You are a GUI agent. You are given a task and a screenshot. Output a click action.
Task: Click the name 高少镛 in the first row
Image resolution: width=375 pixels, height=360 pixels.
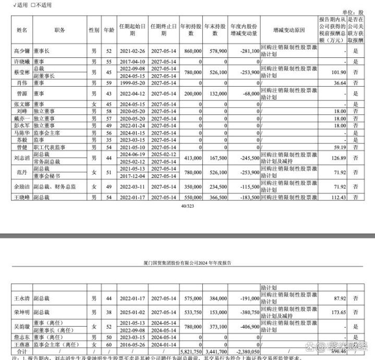(x=22, y=52)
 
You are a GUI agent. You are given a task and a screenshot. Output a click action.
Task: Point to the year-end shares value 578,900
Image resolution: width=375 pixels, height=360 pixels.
(x=216, y=52)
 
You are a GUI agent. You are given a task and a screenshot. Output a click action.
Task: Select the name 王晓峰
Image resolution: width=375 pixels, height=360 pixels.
(x=22, y=197)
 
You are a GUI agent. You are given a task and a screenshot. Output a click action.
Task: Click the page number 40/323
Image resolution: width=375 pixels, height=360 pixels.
(x=187, y=206)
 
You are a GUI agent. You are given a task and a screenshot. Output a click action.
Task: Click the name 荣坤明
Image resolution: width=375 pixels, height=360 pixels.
(x=22, y=311)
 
